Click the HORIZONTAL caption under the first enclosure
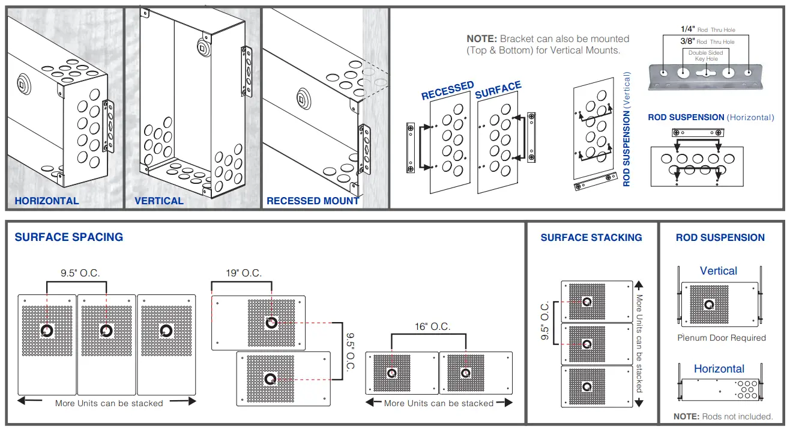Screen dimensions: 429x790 [x=47, y=201]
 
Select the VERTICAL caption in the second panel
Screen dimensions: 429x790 [x=159, y=201]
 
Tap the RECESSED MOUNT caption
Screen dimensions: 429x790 [x=313, y=201]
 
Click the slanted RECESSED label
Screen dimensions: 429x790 [x=447, y=91]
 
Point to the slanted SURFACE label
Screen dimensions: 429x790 [x=498, y=90]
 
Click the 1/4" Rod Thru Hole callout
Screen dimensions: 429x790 [x=707, y=29]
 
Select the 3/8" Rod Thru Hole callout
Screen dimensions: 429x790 [x=707, y=41]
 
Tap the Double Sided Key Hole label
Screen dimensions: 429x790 [x=706, y=56]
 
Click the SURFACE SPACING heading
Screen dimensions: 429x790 [x=69, y=237]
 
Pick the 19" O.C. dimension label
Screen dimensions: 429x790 [x=244, y=273]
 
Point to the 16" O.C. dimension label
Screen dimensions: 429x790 [x=432, y=327]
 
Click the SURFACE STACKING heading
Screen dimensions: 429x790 [x=591, y=238]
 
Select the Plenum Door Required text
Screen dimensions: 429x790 [x=722, y=338]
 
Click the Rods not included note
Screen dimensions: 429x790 [x=723, y=416]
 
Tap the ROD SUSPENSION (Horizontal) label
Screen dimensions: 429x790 [x=711, y=117]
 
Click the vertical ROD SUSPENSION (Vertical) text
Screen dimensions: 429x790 [x=627, y=129]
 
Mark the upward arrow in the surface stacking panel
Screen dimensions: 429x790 [x=639, y=286]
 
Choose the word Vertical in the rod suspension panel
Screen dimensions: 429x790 [x=719, y=271]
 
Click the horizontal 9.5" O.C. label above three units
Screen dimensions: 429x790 [x=80, y=273]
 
